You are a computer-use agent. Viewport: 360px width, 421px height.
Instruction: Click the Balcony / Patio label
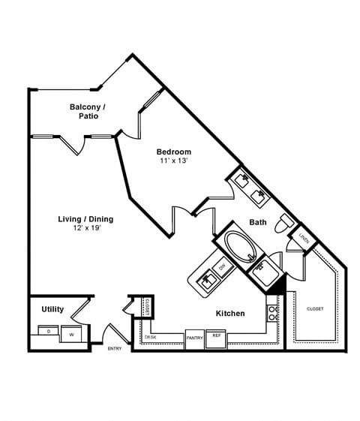88,112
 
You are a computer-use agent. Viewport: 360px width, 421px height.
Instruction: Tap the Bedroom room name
173,151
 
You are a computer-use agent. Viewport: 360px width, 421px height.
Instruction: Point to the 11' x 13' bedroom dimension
173,161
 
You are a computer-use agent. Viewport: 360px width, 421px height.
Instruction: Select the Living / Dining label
85,219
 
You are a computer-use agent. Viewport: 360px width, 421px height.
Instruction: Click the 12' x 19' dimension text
85,228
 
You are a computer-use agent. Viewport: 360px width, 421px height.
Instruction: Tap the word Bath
258,222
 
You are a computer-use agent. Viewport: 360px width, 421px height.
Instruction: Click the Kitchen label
230,313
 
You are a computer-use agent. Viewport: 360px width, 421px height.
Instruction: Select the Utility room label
52,309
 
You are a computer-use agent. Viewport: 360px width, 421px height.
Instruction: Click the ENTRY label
115,348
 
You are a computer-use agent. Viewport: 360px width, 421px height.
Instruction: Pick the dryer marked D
49,331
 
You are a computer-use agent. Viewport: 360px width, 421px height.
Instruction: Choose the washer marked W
72,334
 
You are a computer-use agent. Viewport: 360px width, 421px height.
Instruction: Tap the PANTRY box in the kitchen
195,338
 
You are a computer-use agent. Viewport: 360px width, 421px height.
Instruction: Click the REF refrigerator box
216,335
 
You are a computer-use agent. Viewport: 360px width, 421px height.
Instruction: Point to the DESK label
150,337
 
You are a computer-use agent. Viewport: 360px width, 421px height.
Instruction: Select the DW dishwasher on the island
221,266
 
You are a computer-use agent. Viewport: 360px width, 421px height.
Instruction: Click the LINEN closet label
304,238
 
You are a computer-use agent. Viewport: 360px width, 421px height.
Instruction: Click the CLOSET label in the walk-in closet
314,308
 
